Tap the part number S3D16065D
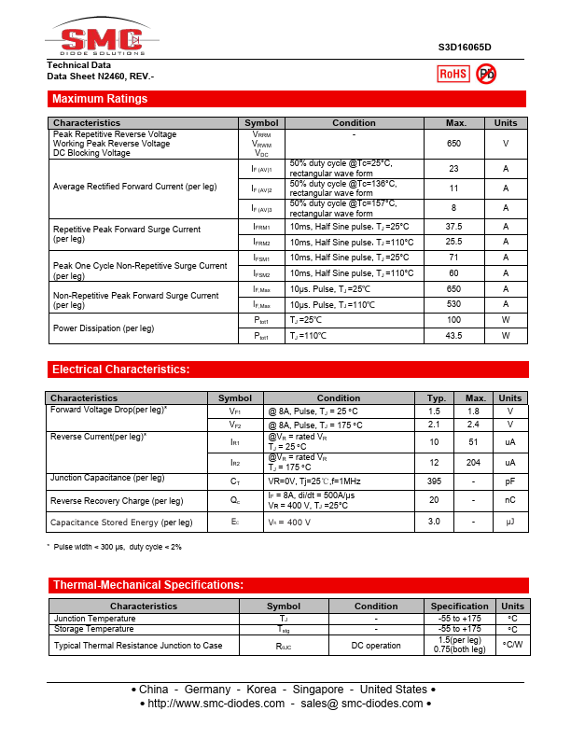465,47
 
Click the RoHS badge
453,74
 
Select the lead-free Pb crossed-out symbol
486,74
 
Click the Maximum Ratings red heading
100,99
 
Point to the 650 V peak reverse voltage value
454,144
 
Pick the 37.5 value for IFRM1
454,227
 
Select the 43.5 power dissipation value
454,336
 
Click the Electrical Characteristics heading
120,369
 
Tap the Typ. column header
435,398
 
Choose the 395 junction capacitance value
434,481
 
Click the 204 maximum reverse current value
476,463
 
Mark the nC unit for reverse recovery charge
510,501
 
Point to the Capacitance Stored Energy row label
121,523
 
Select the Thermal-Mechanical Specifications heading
147,585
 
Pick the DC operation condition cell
376,646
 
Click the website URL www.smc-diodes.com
216,703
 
